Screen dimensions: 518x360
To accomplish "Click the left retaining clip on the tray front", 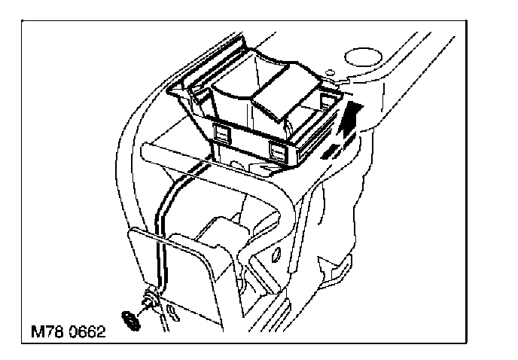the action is click(x=222, y=132).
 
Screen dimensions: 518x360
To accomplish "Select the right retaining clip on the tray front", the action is click(x=277, y=153).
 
